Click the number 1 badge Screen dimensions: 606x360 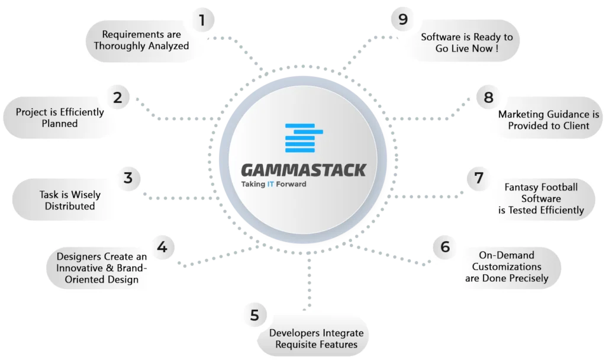(x=202, y=20)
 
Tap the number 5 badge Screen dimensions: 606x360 (x=254, y=315)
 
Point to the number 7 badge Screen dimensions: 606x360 (x=478, y=178)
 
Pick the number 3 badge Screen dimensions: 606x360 (x=128, y=178)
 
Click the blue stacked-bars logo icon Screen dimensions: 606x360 (x=304, y=137)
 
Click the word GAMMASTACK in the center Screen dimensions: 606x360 (x=304, y=170)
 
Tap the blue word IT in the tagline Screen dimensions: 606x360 (x=270, y=184)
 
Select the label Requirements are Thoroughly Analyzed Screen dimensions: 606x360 (x=141, y=40)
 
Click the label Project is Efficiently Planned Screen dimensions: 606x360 (x=60, y=118)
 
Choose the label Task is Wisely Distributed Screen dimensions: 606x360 (x=70, y=200)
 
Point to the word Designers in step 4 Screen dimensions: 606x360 (x=79, y=256)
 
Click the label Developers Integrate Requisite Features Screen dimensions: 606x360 (x=317, y=338)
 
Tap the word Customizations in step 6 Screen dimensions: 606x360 (x=507, y=266)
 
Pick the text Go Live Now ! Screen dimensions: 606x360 (x=467, y=49)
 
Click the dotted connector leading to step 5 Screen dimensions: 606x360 (x=309, y=283)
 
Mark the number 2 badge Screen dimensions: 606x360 (x=118, y=98)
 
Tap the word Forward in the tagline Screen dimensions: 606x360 (x=291, y=184)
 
